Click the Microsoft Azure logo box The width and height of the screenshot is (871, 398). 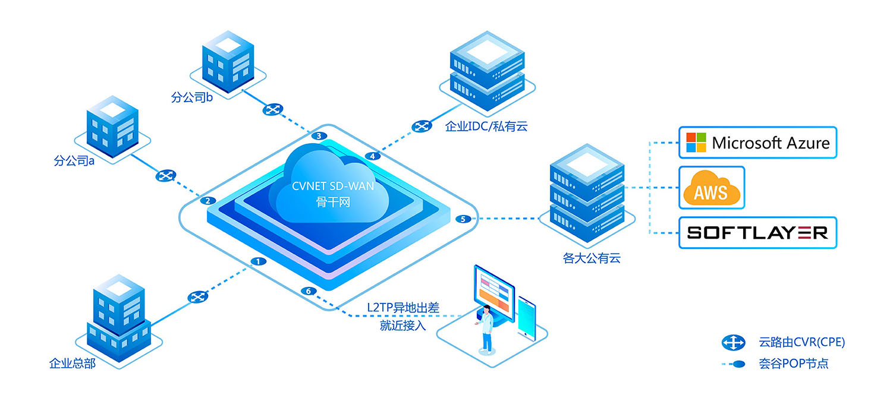click(x=757, y=143)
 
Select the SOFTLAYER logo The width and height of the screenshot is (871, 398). click(x=757, y=232)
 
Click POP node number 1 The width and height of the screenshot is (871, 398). click(x=257, y=261)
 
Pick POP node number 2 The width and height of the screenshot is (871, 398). click(x=207, y=201)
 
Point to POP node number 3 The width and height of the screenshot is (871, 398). click(x=319, y=137)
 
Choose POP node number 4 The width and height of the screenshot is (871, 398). click(x=372, y=156)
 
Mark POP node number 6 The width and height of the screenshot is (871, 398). click(x=308, y=291)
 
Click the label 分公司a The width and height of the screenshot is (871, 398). click(x=74, y=160)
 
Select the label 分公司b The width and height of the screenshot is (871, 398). click(x=191, y=97)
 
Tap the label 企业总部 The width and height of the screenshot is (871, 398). click(x=72, y=363)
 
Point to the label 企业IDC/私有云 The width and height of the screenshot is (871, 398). click(x=486, y=126)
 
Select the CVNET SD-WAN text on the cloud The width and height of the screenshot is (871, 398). click(x=333, y=186)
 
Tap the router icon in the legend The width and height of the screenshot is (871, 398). click(x=733, y=342)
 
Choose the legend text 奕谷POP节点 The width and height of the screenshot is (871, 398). click(x=793, y=364)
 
